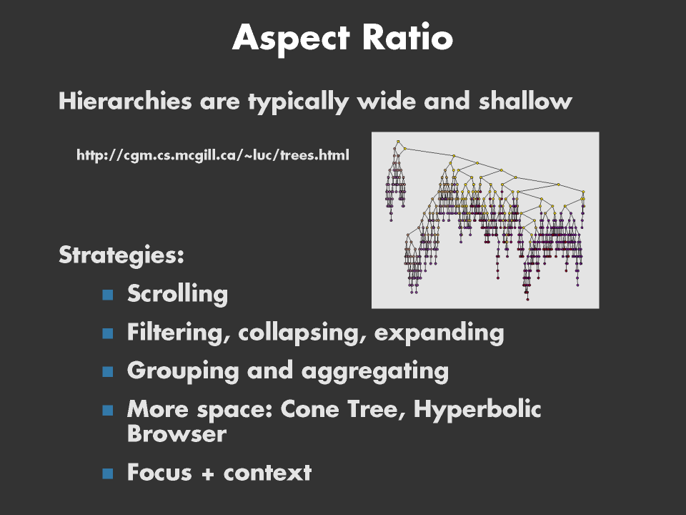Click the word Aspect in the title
[291, 39]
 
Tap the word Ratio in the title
[407, 37]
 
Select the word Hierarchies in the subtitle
[125, 101]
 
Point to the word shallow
[525, 101]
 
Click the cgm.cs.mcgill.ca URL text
[213, 155]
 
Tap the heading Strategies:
[121, 255]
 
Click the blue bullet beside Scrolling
[108, 294]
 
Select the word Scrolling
[178, 294]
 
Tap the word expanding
[439, 333]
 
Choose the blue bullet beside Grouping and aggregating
[108, 371]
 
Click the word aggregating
[375, 371]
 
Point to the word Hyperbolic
[477, 409]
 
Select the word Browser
[177, 433]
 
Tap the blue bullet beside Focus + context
[108, 474]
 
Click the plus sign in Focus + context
[208, 474]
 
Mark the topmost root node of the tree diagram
[398, 142]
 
